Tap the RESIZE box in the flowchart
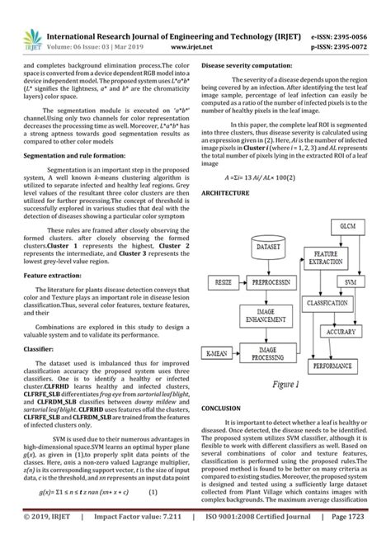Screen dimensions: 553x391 click(224, 281)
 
